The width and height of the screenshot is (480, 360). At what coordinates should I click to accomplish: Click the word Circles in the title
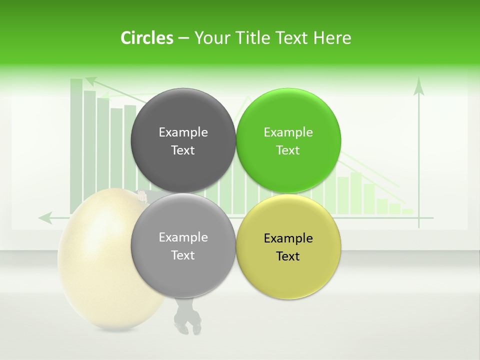pyautogui.click(x=146, y=38)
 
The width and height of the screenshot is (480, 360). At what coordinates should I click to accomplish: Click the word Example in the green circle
pyautogui.click(x=288, y=132)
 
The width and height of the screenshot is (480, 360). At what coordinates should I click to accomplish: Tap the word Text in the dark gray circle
pyautogui.click(x=183, y=150)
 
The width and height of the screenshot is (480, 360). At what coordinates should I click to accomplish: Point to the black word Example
pyautogui.click(x=288, y=238)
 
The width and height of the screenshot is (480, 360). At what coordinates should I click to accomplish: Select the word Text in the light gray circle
pyautogui.click(x=183, y=255)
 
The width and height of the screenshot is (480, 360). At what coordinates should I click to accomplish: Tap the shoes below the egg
pyautogui.click(x=187, y=322)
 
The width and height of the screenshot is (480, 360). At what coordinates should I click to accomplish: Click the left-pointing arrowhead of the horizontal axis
pyautogui.click(x=45, y=217)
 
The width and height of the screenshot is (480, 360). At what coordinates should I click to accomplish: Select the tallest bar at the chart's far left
pyautogui.click(x=76, y=145)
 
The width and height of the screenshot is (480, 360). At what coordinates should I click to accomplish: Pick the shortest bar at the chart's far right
pyautogui.click(x=407, y=211)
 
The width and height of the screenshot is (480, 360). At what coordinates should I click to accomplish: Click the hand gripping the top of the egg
pyautogui.click(x=142, y=196)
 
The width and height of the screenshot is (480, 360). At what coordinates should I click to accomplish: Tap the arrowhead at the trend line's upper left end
pyautogui.click(x=90, y=79)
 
